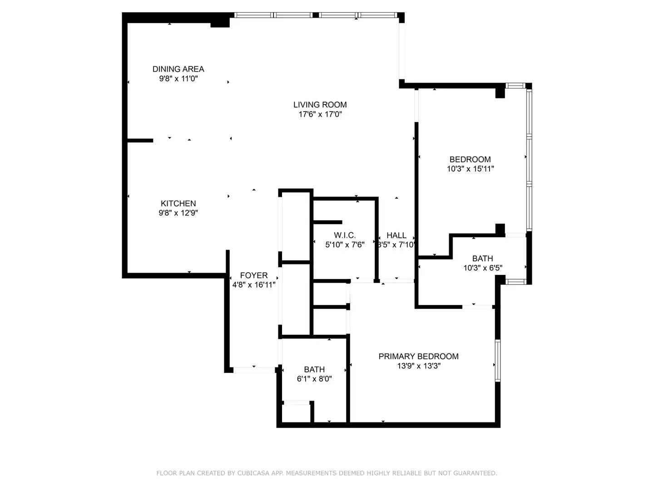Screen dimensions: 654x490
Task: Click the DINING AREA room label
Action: pos(178,69)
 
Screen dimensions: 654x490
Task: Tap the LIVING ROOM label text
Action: pos(320,105)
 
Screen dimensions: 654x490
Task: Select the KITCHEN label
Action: pos(178,204)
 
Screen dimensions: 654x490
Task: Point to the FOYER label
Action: pos(254,275)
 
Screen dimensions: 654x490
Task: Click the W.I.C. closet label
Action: pos(345,235)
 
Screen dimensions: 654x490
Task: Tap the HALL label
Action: pos(396,235)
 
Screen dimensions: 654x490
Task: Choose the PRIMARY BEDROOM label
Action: pos(419,357)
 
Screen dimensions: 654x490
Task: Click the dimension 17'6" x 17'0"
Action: pos(320,114)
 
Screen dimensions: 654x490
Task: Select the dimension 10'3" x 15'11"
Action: pos(470,169)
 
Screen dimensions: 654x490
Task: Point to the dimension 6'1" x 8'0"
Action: pos(314,379)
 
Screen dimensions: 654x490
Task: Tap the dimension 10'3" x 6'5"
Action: pos(483,268)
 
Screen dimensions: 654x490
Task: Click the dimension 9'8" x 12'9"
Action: pos(178,213)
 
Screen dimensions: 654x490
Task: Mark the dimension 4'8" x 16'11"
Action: pos(254,285)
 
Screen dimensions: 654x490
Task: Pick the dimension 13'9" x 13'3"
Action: pos(419,366)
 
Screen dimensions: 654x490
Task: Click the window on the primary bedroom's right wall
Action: pos(498,361)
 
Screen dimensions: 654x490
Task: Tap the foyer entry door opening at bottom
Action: pos(254,370)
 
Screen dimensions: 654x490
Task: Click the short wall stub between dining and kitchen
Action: pos(140,141)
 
